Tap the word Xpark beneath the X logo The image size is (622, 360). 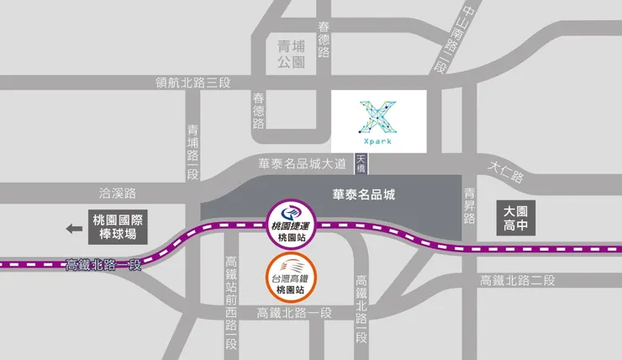(378, 142)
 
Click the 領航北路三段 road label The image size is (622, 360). (193, 82)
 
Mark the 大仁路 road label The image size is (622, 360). (505, 172)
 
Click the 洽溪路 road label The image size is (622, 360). (118, 192)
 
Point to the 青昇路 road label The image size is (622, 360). (470, 204)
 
